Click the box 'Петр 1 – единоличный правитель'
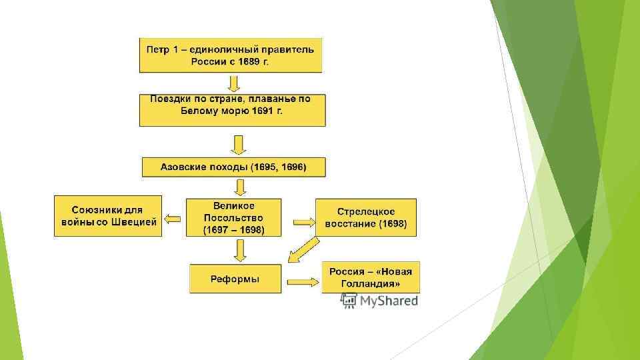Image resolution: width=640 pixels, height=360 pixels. [230, 55]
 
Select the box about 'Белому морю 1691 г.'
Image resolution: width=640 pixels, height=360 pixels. [232, 110]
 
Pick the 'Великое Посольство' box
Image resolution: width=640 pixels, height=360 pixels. [233, 217]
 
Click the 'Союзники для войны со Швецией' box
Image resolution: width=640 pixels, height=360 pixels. [107, 216]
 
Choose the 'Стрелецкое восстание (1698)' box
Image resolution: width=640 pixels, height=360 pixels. [365, 217]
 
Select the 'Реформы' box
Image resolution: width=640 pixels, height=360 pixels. [235, 278]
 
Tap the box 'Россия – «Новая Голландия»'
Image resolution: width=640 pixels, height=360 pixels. [371, 277]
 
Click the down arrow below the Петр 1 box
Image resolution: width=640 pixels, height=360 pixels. [233, 83]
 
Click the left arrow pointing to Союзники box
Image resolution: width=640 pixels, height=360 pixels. [173, 218]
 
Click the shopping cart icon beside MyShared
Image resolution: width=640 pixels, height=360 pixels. [348, 300]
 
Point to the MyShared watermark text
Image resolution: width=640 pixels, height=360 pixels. [389, 301]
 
